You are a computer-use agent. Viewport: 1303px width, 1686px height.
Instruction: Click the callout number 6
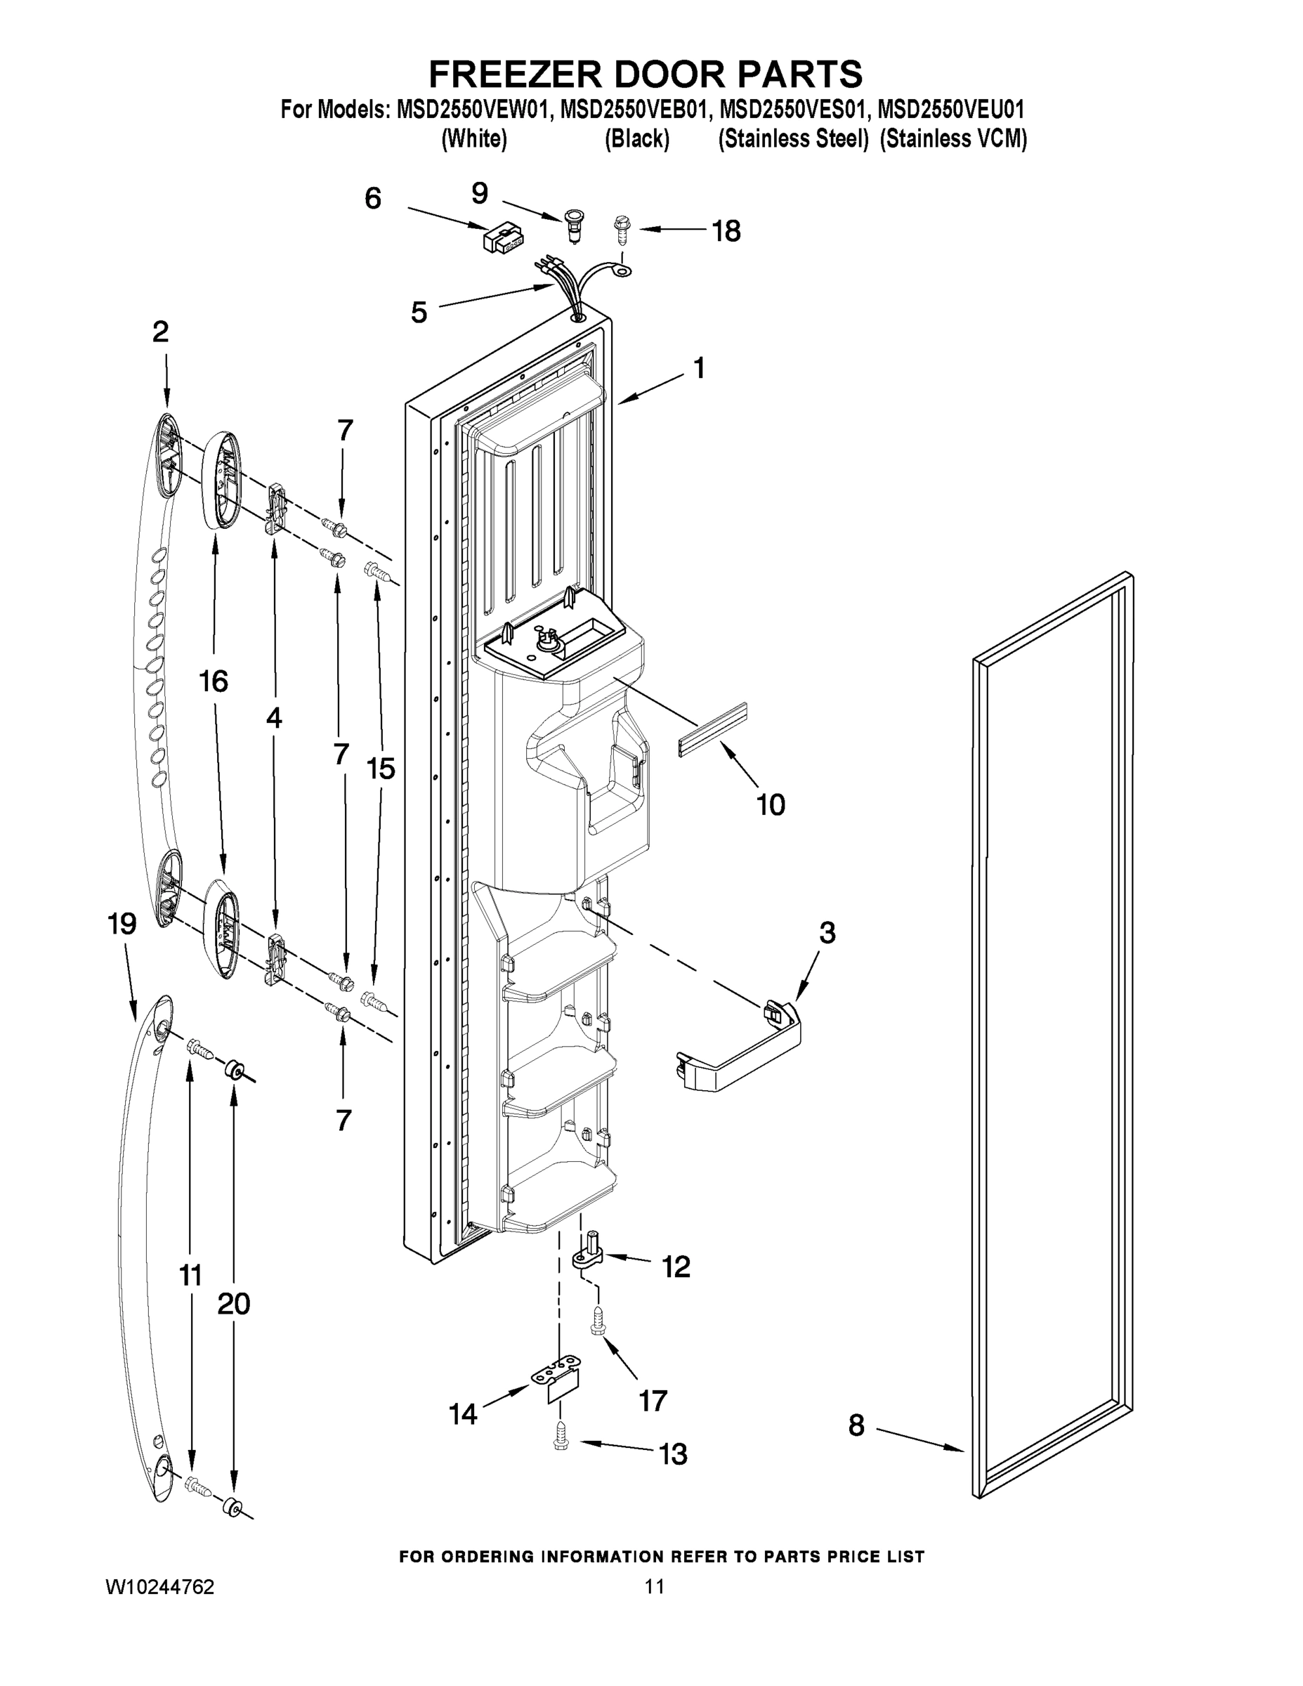373,200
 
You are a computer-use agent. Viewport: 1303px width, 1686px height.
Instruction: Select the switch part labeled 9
572,224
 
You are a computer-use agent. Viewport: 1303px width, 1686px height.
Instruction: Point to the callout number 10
771,805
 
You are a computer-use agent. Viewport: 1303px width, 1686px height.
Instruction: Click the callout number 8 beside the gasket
856,1425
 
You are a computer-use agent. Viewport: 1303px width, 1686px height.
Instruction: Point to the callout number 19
123,923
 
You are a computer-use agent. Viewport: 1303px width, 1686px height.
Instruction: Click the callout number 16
213,681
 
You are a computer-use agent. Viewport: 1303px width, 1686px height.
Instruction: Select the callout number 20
233,1304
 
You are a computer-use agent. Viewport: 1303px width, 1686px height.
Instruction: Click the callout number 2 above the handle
159,332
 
